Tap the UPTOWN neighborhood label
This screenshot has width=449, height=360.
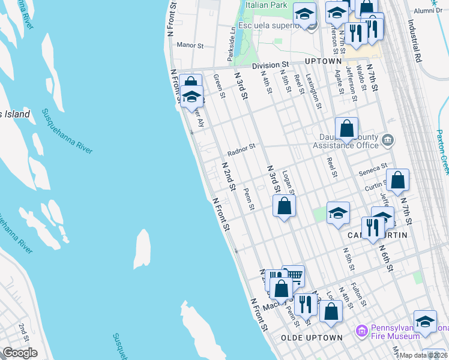coord(324,61)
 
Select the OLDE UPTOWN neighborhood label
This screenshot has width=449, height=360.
coord(312,338)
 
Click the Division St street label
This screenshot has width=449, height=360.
coord(270,64)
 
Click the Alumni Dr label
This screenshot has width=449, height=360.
coord(427,10)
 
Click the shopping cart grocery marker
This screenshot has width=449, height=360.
coord(293,277)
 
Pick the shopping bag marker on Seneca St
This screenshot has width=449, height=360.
coord(397,179)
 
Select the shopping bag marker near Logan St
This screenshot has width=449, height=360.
coord(285,206)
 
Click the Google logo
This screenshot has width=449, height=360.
coord(20,353)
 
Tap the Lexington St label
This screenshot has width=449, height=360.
coord(313,91)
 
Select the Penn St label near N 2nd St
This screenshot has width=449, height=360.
coord(250,200)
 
